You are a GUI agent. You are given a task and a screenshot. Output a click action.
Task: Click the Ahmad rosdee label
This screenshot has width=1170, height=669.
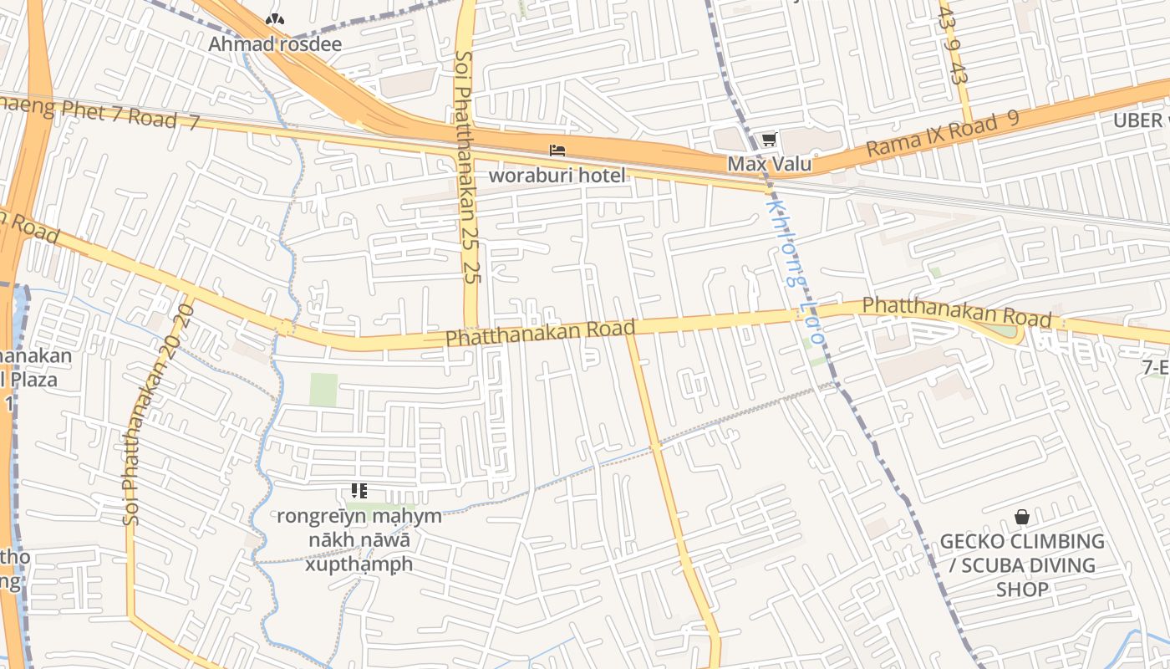click(x=275, y=44)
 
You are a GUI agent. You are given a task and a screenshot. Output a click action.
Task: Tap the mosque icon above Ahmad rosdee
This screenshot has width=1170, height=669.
click(x=274, y=18)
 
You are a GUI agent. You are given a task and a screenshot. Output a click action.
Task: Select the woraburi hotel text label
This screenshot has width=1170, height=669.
click(x=557, y=175)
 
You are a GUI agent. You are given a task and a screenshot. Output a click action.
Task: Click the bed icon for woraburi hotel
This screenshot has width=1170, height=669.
click(x=557, y=151)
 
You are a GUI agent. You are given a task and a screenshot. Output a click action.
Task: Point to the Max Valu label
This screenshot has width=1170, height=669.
click(x=769, y=164)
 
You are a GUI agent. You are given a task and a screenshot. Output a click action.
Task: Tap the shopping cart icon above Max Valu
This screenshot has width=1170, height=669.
click(x=768, y=139)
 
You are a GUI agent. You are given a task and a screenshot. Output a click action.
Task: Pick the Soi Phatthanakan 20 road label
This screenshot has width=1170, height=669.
click(x=158, y=415)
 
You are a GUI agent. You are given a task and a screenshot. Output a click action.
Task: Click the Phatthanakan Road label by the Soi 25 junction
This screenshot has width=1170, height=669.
click(x=540, y=332)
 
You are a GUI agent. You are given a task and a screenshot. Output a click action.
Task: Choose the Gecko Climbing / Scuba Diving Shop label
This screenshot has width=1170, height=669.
click(x=1022, y=564)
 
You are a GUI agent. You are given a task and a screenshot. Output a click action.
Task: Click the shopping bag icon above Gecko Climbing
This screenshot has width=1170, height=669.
click(x=1021, y=518)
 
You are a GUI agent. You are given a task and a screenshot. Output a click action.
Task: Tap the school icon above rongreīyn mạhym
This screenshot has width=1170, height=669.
click(x=359, y=491)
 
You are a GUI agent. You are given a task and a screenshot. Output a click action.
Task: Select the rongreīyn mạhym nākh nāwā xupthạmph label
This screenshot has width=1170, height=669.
click(x=359, y=539)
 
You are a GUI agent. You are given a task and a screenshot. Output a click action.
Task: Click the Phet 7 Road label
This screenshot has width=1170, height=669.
click(x=100, y=113)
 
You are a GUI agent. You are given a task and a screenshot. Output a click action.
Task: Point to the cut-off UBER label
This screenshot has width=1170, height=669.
click(x=1138, y=120)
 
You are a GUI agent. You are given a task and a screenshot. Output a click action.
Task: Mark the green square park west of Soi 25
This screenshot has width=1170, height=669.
click(x=323, y=390)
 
